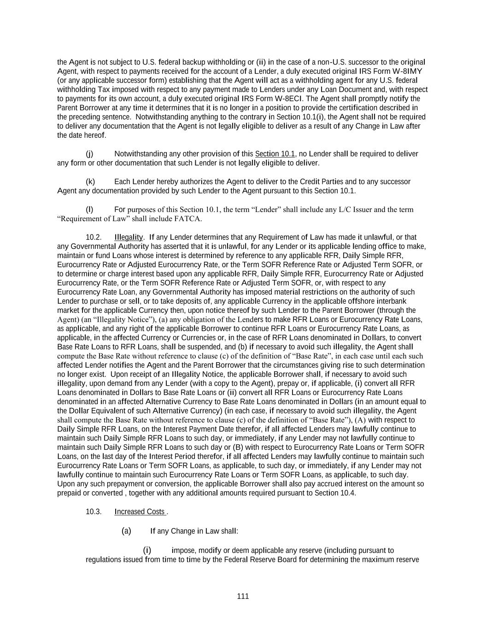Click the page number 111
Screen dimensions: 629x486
point(243,596)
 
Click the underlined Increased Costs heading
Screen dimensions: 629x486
point(140,511)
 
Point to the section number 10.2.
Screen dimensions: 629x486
point(94,237)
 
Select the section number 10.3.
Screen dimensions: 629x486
point(94,511)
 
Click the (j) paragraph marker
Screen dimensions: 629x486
point(89,153)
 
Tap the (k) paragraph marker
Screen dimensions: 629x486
point(90,182)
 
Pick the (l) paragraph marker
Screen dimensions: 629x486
point(89,210)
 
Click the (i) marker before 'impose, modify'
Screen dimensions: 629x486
point(147,550)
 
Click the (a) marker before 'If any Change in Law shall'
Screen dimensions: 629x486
point(126,531)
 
